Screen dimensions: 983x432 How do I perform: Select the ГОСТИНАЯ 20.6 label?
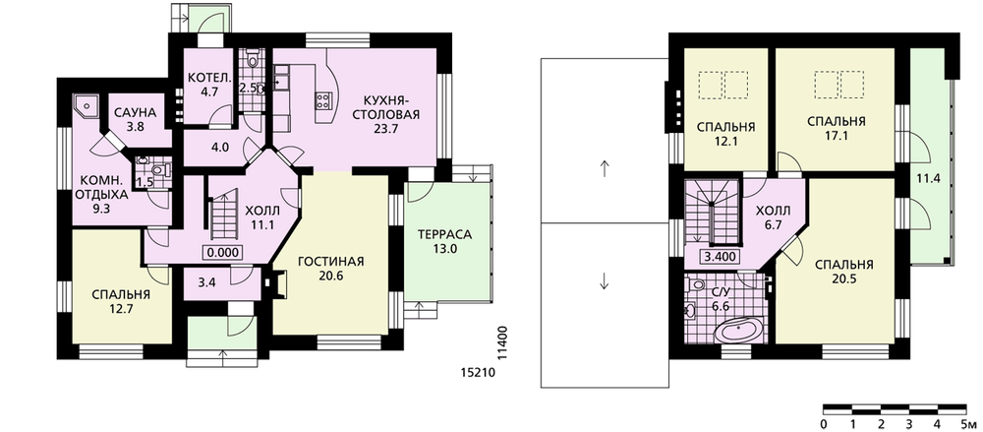click(x=330, y=268)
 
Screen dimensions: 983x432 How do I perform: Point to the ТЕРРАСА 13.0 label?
click(x=444, y=241)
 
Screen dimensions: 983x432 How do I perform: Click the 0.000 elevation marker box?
click(x=222, y=253)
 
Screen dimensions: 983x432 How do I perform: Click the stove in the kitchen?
click(x=324, y=99)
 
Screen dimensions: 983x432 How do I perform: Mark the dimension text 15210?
click(x=479, y=373)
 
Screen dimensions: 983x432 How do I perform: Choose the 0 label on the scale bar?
click(x=824, y=422)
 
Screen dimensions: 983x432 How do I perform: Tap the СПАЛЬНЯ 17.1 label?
click(x=837, y=128)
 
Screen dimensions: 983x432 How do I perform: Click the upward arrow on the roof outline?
click(x=605, y=168)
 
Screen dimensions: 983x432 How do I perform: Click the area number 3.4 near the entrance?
click(x=206, y=282)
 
